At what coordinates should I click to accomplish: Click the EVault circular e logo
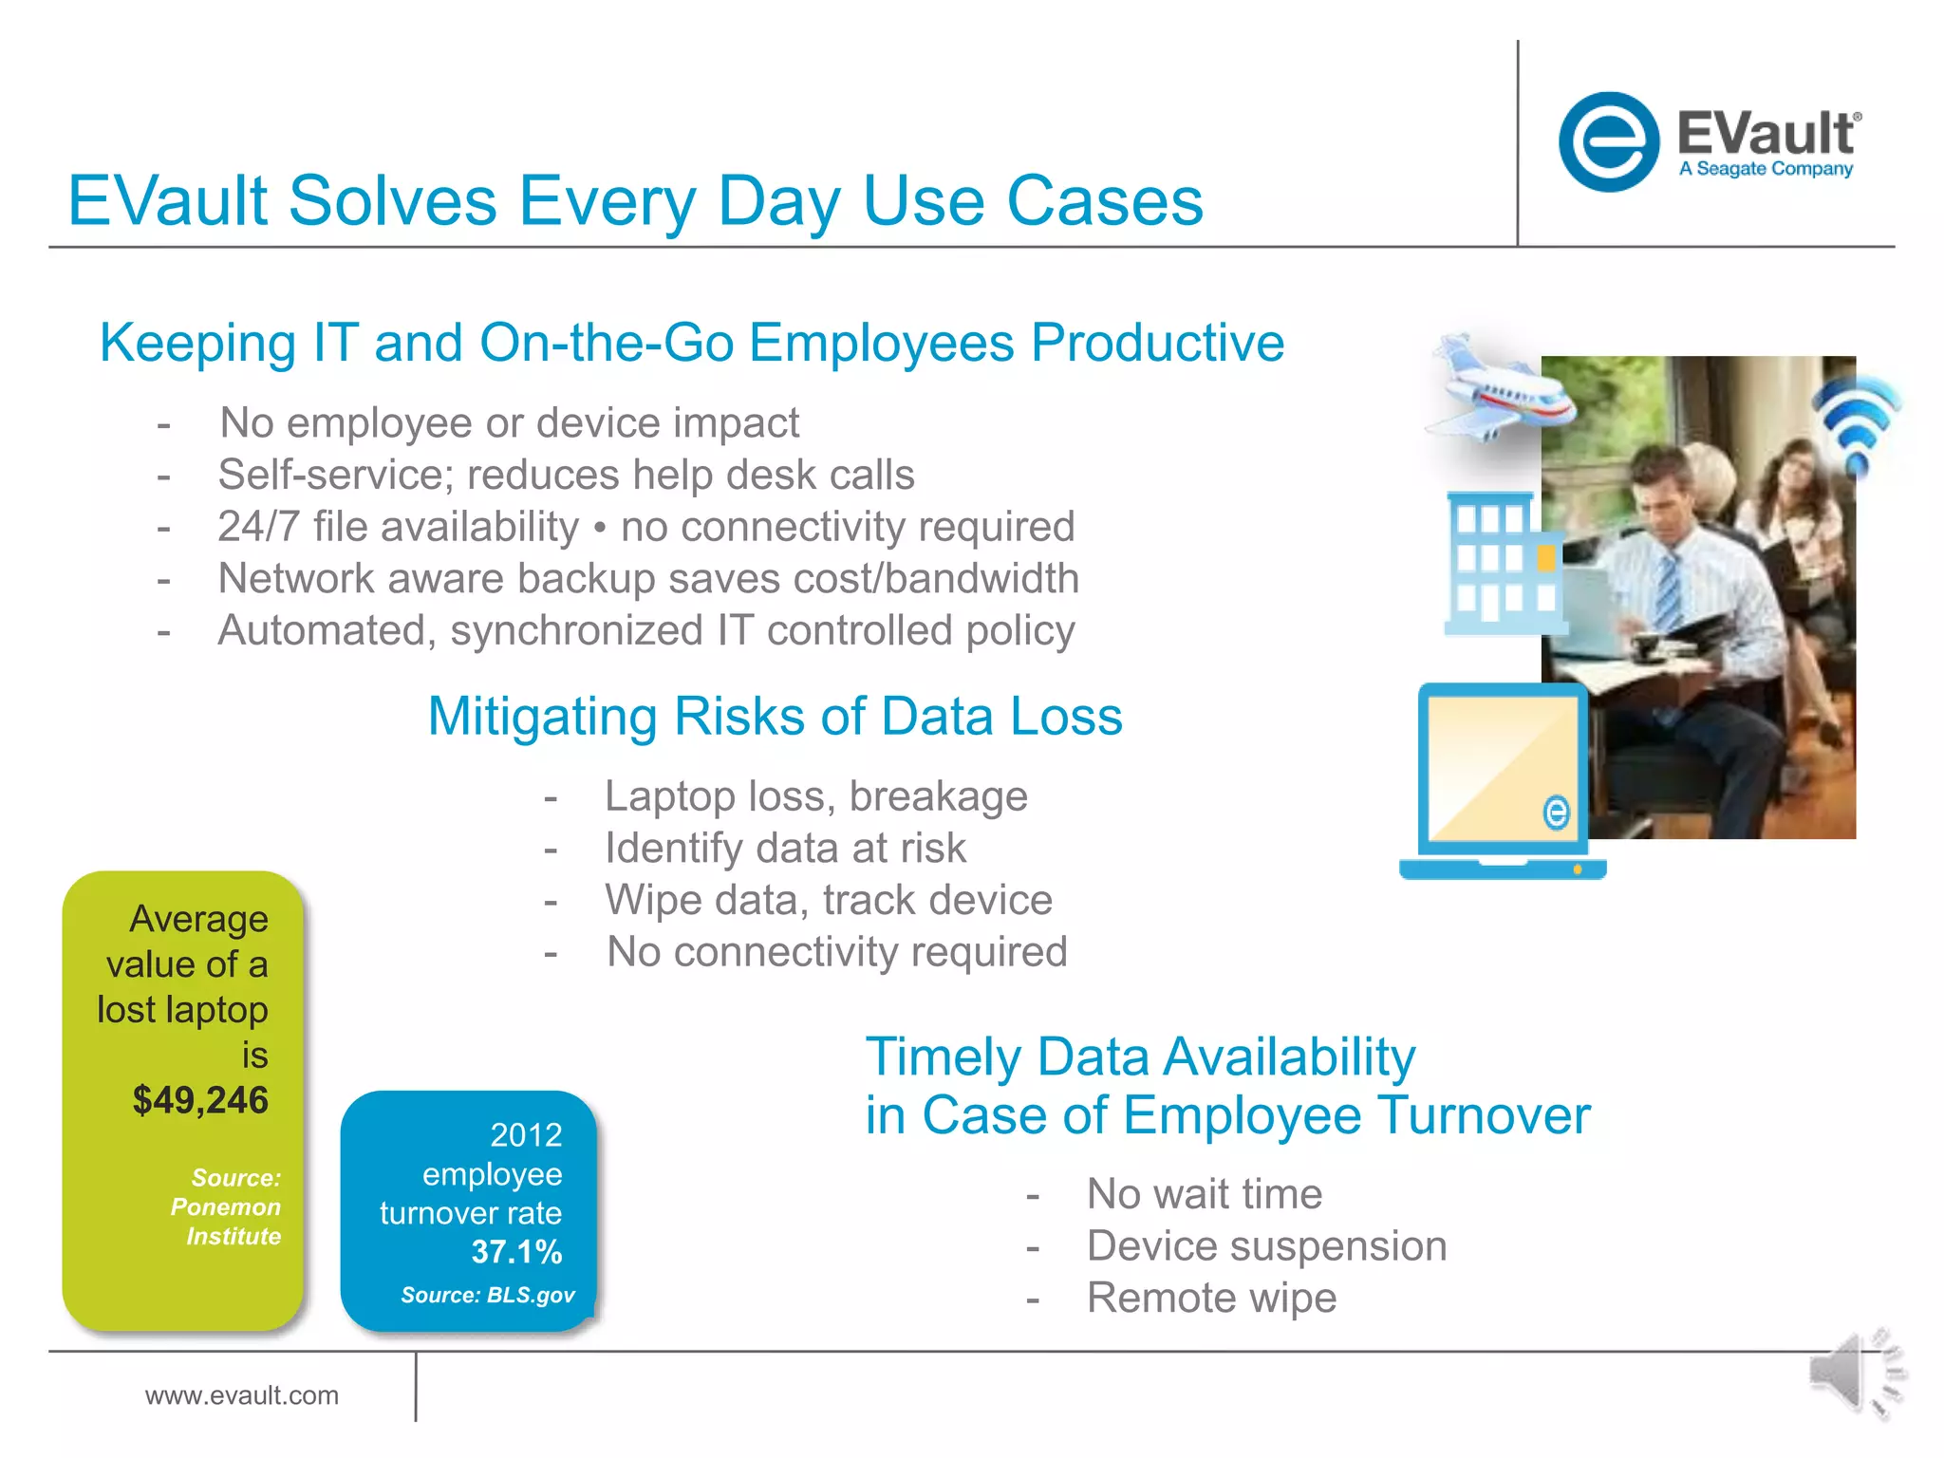pos(1608,142)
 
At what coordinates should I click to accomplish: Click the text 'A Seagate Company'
pos(1766,169)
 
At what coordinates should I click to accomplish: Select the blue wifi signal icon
pos(1857,422)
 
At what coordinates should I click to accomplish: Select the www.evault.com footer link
pos(241,1395)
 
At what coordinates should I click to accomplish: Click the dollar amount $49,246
pos(200,1100)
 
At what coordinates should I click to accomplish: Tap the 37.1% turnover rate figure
pos(516,1252)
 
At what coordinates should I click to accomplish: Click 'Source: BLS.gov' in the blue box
pos(487,1296)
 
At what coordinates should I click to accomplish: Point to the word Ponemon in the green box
pos(226,1207)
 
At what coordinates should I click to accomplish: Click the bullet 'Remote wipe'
pos(1211,1298)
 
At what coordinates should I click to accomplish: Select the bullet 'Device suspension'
pos(1266,1246)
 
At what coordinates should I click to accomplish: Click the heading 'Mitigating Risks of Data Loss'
pos(775,716)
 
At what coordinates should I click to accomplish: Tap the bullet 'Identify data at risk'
pos(785,848)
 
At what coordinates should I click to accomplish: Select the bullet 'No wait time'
pos(1204,1194)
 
